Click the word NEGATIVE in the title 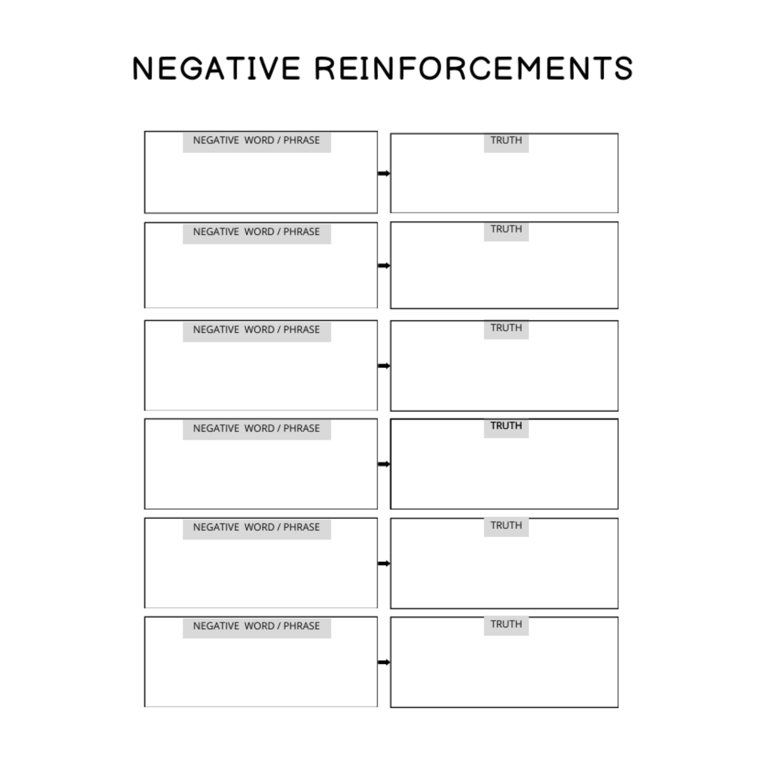pos(217,68)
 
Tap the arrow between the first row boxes pos(384,173)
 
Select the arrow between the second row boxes pos(384,265)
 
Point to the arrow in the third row pos(384,366)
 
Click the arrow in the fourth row pos(384,464)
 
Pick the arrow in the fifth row pos(384,563)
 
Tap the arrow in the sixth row pos(384,662)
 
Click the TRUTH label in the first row pos(506,140)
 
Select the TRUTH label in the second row pos(506,229)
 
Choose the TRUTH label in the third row pos(506,327)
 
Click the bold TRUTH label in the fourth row pos(506,426)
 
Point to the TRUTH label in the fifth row pos(506,525)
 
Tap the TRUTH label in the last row pos(506,624)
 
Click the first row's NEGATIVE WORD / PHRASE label pos(256,140)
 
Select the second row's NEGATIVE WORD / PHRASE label pos(256,231)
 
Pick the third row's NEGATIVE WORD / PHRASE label pos(256,329)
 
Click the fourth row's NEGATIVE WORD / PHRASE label pos(256,428)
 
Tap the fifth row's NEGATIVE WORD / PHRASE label pos(256,527)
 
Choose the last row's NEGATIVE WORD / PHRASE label pos(256,625)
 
